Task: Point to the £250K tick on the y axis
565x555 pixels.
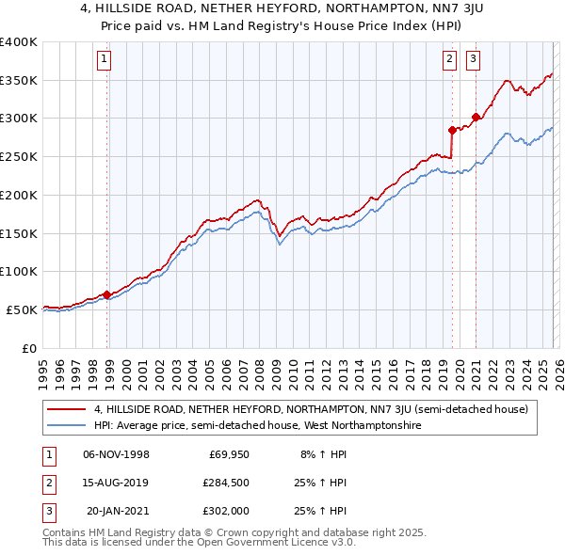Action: (x=19, y=157)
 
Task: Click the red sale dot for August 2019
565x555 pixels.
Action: (x=452, y=130)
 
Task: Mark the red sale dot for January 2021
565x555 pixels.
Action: (x=476, y=117)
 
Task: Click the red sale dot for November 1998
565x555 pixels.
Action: (x=106, y=294)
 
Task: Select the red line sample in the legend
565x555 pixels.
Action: (x=67, y=410)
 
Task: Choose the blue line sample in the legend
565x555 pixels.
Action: (x=67, y=426)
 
